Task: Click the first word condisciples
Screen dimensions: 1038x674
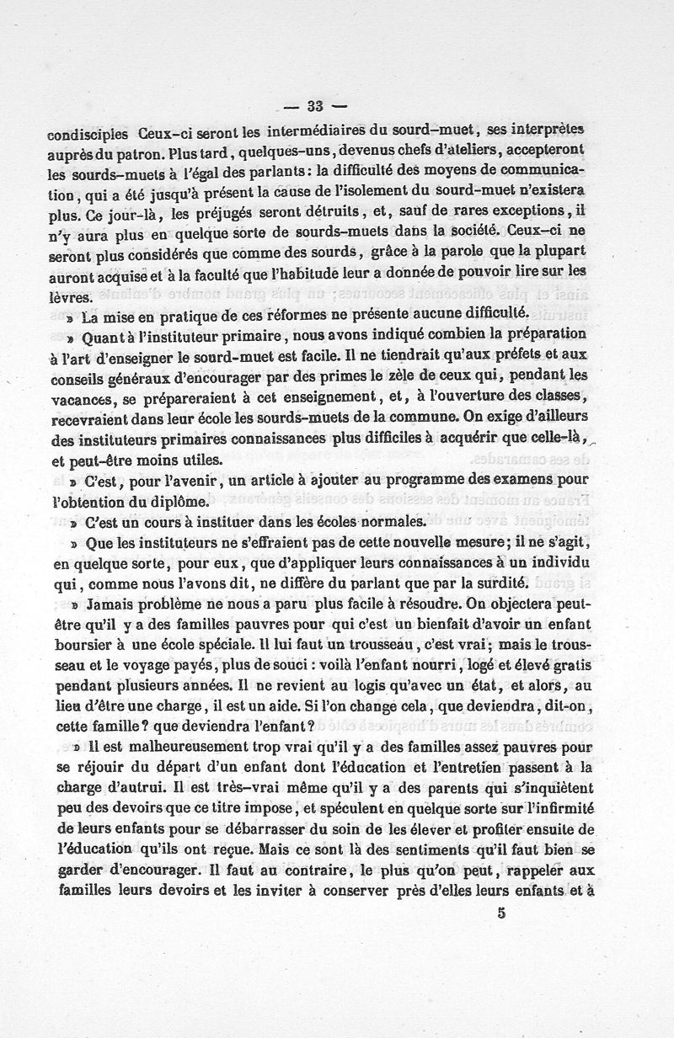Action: click(88, 134)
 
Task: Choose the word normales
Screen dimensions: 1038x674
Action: click(399, 520)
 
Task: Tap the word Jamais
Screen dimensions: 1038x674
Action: click(112, 604)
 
